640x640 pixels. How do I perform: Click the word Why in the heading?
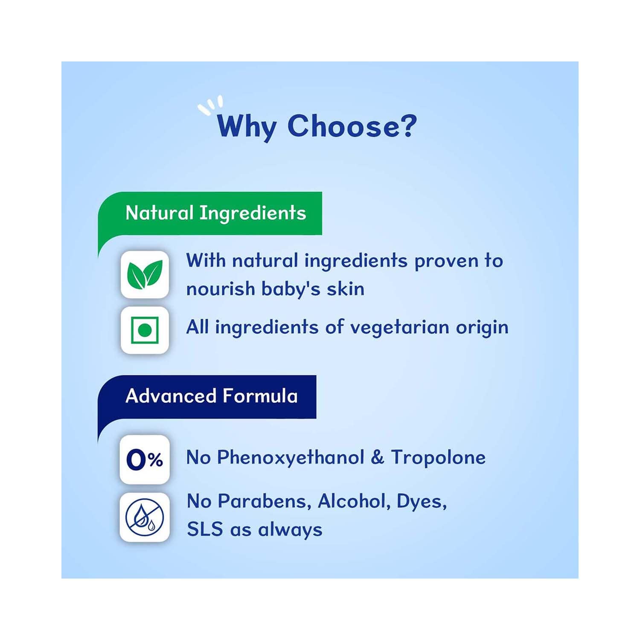click(x=247, y=126)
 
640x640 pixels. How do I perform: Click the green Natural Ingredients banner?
click(x=210, y=213)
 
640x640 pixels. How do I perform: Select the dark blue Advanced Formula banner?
click(x=207, y=396)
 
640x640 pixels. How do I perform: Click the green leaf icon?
click(x=145, y=274)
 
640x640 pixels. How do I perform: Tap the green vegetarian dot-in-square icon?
click(x=145, y=330)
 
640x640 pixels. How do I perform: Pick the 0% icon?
click(x=145, y=460)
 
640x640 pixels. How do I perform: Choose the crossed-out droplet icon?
click(x=145, y=517)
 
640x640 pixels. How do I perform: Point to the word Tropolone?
click(x=438, y=457)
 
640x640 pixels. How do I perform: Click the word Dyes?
click(x=422, y=502)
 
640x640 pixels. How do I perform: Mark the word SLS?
click(x=205, y=529)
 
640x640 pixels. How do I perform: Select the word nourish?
click(x=220, y=289)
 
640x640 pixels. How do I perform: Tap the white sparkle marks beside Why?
click(x=210, y=105)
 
